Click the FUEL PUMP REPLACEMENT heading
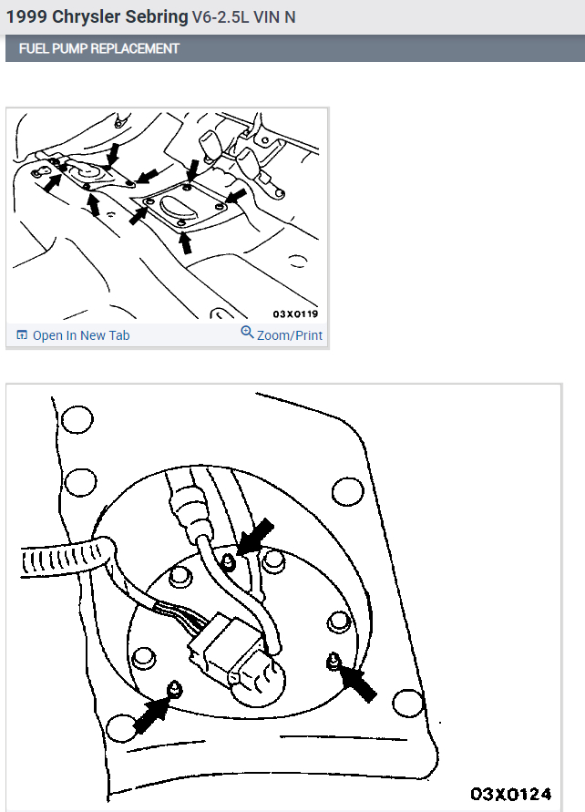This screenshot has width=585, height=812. [99, 48]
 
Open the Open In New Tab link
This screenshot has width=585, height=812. [81, 335]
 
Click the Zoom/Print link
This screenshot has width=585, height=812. [290, 335]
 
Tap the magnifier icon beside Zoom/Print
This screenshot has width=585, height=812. [247, 332]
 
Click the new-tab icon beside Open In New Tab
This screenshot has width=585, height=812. [22, 335]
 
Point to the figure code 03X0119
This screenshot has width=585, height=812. [295, 313]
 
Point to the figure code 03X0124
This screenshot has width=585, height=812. [510, 794]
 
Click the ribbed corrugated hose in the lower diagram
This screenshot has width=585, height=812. [65, 558]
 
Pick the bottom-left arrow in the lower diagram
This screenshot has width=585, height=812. [151, 714]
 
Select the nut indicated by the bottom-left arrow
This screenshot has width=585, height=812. [175, 689]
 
